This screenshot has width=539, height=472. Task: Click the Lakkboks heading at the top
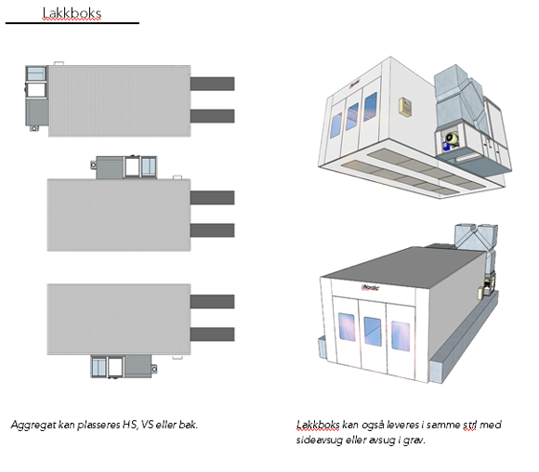72,13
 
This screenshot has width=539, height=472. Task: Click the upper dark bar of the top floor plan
213,84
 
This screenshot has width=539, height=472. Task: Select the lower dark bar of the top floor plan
213,116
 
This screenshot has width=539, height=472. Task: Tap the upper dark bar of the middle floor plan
213,198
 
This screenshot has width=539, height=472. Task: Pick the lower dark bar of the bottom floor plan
213,334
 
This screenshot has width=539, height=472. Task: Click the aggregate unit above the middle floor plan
125,167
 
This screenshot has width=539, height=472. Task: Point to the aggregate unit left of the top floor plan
37,98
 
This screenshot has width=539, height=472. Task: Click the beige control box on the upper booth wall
405,107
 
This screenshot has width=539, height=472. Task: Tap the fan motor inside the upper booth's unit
450,140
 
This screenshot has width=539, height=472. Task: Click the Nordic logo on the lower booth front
370,287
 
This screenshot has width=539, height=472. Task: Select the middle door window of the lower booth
373,332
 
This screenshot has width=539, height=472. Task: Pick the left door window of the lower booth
347,327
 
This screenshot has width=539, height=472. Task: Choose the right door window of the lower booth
401,336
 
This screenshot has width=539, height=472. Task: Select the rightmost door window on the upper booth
370,107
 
